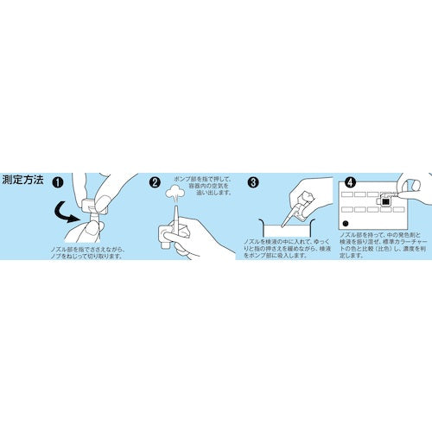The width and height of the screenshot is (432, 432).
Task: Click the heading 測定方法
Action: coord(24,183)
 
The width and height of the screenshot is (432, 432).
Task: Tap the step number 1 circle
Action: coord(59,183)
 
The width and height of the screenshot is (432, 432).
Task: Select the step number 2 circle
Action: coord(156,183)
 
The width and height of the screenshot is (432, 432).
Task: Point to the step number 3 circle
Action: coord(253,183)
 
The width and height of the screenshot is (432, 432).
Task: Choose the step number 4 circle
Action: coord(351,183)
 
